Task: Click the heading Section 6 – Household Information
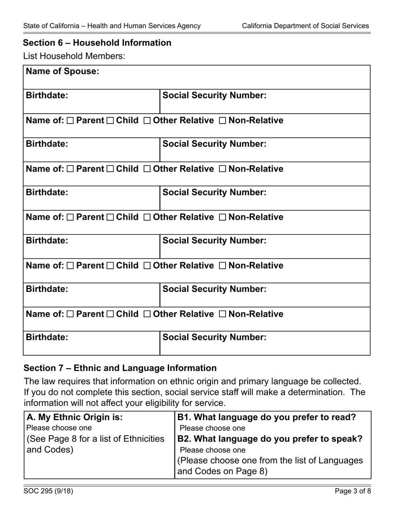[97, 43]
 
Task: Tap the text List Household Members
[74, 56]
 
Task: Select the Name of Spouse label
[63, 71]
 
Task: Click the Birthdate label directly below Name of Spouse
[47, 95]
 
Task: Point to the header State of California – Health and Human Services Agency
[112, 26]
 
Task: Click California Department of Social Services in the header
[305, 26]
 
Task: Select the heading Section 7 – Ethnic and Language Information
[120, 368]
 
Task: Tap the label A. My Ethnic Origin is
[75, 417]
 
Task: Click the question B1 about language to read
[267, 417]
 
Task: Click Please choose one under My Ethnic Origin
[59, 428]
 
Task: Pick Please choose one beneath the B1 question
[213, 428]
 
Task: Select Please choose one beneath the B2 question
[213, 450]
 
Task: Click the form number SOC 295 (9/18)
[48, 492]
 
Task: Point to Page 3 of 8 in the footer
[353, 492]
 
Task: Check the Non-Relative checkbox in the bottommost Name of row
[222, 314]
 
